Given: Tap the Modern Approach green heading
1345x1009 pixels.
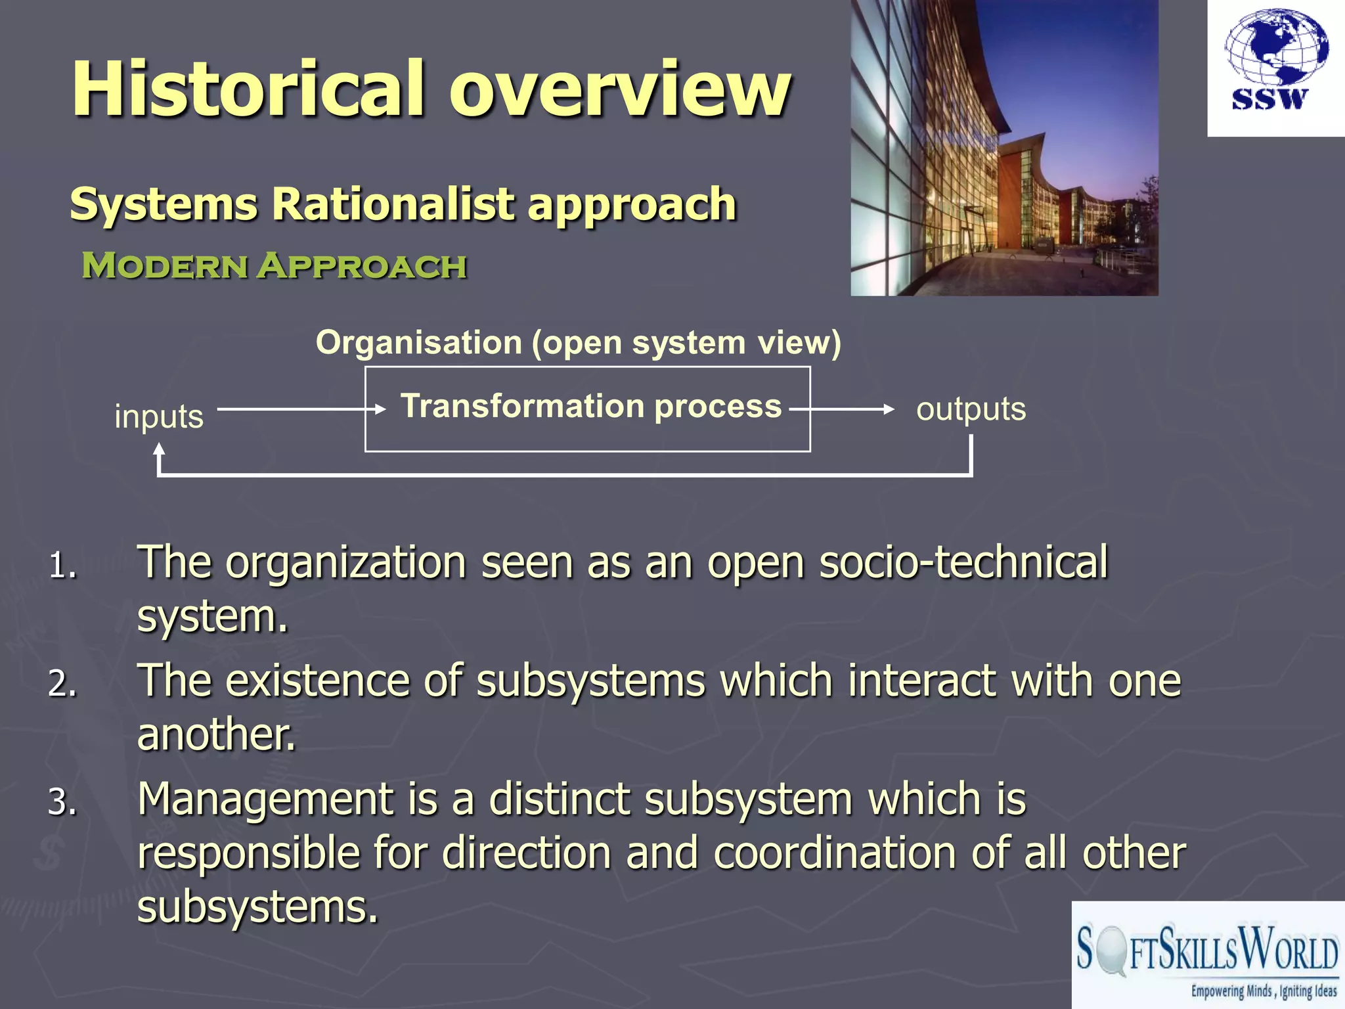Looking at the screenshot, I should coord(274,266).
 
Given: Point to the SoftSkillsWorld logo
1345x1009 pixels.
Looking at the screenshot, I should coord(1207,956).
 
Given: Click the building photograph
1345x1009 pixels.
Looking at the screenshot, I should coord(1004,148).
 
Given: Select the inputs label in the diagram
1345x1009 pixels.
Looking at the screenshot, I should coord(159,416).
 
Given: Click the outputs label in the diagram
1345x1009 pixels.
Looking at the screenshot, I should coord(971,409).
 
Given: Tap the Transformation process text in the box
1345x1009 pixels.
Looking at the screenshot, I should coord(591,406).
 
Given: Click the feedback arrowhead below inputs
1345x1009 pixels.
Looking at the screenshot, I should coord(159,450).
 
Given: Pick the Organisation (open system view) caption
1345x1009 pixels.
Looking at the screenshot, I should coord(578,343).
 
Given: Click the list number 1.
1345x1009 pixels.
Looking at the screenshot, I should coord(62,566).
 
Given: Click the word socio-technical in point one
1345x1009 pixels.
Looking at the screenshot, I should coord(963,563).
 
